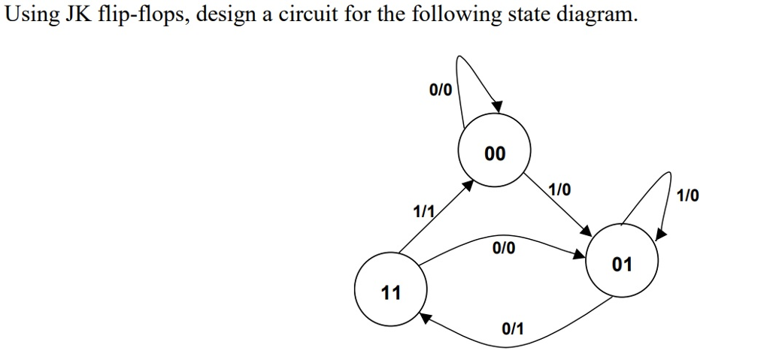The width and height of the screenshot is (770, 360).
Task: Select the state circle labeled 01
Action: pos(622,264)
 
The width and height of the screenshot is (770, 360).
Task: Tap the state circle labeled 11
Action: pos(390,292)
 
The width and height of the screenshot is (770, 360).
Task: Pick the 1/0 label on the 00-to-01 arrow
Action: pos(559,190)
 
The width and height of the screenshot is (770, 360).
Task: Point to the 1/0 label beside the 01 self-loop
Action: pos(687,197)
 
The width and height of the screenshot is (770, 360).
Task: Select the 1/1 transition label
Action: pos(424,212)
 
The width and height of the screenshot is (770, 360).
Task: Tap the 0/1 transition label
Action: pos(513,328)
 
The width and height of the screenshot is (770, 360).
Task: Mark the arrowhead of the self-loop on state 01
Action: pos(659,234)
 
